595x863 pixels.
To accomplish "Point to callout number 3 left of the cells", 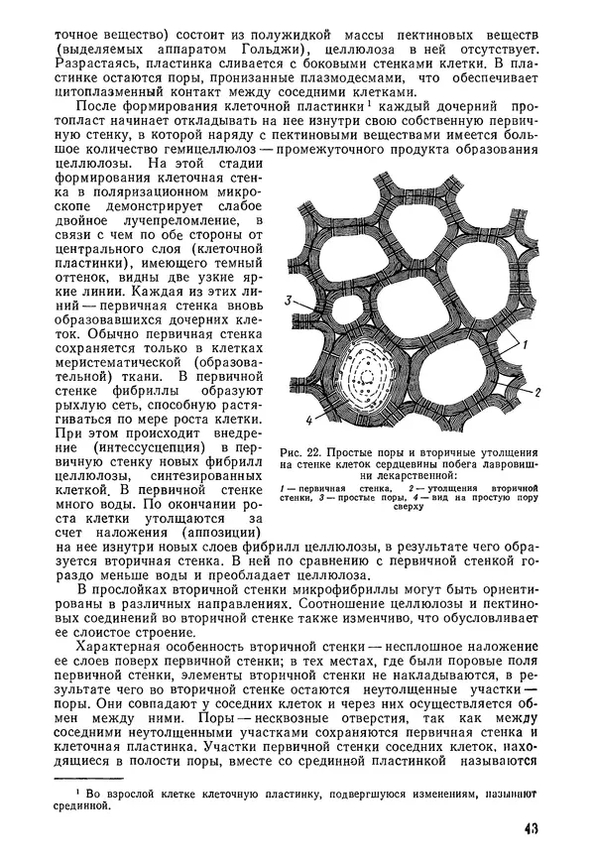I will tap(288, 300).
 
